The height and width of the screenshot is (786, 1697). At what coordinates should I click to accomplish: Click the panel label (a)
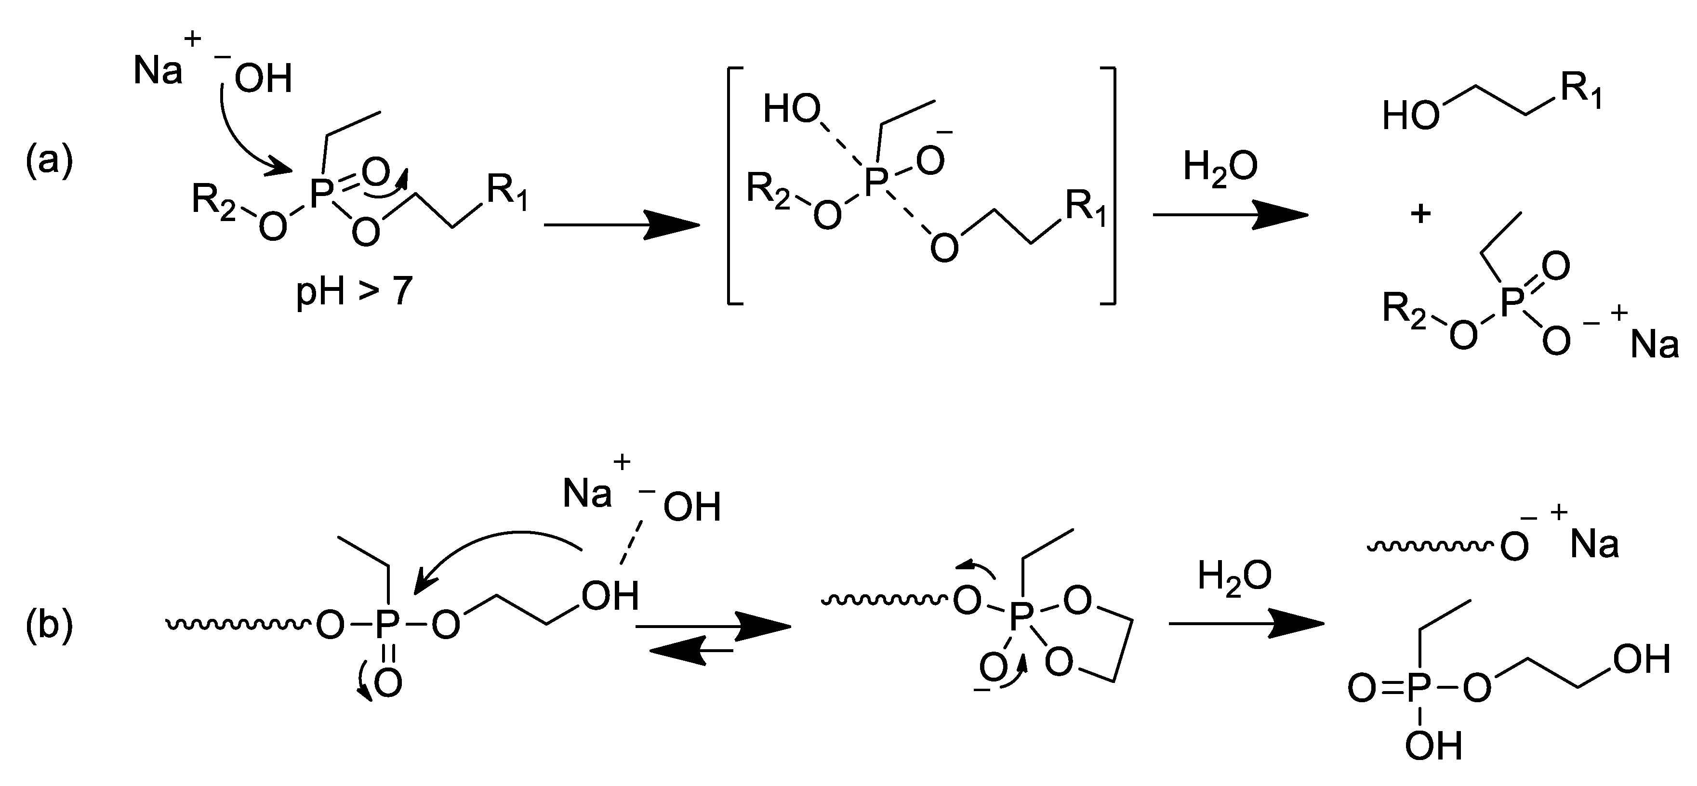(49, 161)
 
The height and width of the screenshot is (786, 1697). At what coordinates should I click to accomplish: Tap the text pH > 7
(354, 290)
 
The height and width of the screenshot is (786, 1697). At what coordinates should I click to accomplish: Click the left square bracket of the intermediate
(732, 185)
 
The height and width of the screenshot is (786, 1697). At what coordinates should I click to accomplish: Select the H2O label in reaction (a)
(1220, 169)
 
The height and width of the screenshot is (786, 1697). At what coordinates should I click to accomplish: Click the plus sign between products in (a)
(1420, 214)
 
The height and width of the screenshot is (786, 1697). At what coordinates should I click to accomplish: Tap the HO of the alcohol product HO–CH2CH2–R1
(1410, 117)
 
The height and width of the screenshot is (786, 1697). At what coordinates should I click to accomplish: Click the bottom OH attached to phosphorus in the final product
(1433, 747)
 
